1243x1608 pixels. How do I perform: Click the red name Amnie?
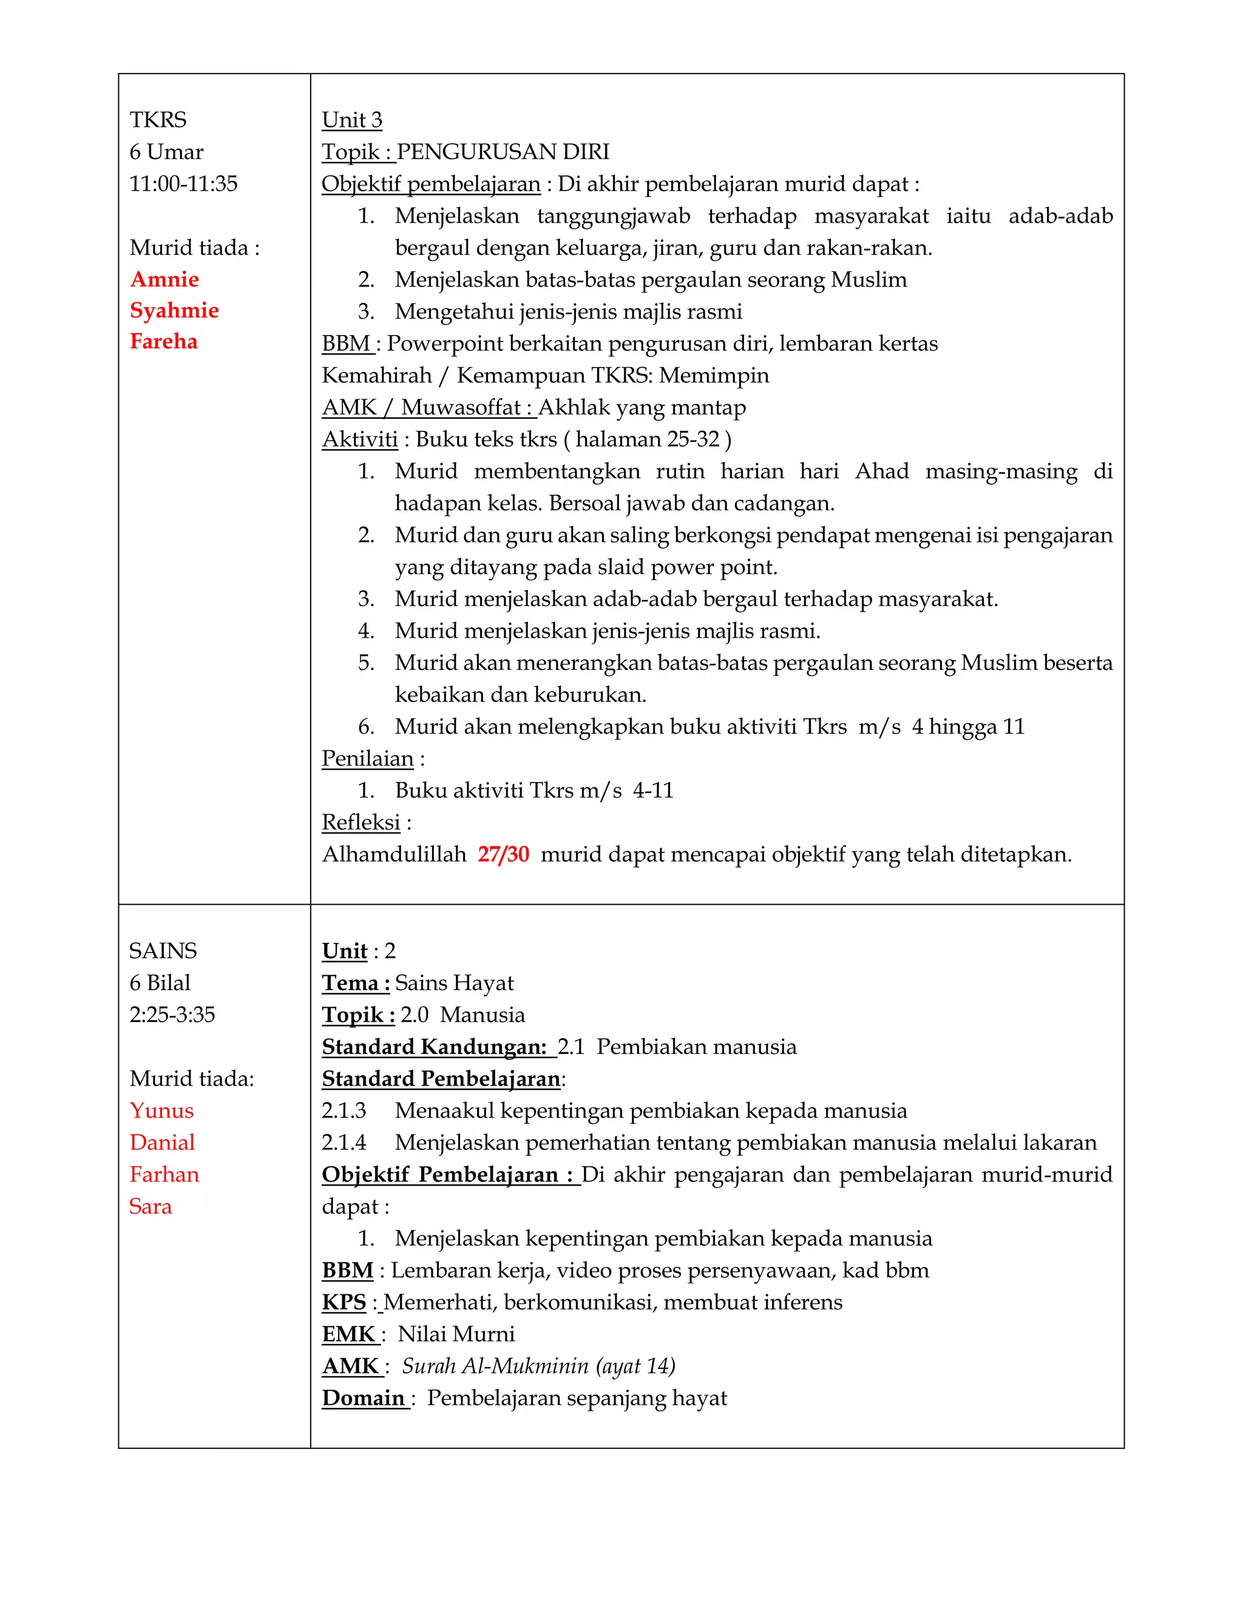(x=164, y=279)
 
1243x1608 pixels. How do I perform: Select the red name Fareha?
(x=163, y=342)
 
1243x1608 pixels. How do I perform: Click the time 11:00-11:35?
(x=183, y=183)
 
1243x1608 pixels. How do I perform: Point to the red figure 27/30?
(x=503, y=854)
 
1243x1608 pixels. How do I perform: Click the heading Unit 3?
(x=352, y=120)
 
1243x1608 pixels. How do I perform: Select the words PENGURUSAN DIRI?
(x=503, y=152)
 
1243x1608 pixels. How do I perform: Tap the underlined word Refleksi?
(x=361, y=822)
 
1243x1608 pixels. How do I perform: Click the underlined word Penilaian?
(x=367, y=758)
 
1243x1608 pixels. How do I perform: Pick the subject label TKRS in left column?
(x=158, y=120)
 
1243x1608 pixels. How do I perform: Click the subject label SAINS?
(x=163, y=951)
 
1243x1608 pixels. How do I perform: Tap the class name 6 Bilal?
(x=160, y=983)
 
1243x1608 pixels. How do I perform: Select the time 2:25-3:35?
(x=172, y=1015)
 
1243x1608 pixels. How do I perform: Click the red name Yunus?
(x=161, y=1110)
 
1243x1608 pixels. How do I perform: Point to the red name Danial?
(x=162, y=1143)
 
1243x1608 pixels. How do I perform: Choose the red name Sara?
(x=151, y=1206)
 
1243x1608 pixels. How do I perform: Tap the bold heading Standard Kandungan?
(x=434, y=1047)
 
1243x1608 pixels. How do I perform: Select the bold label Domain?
(x=364, y=1397)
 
